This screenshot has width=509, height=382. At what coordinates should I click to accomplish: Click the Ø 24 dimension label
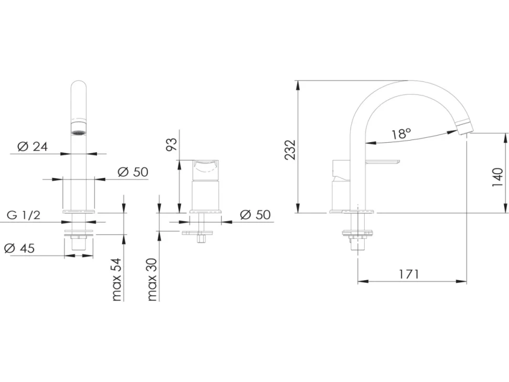[x=33, y=147]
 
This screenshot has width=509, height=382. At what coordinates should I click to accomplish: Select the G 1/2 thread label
[x=24, y=215]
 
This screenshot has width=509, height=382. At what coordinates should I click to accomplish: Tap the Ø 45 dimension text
[x=19, y=248]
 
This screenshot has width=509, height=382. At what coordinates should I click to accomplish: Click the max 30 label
[x=152, y=280]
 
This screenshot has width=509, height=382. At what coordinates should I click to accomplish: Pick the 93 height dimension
[x=172, y=144]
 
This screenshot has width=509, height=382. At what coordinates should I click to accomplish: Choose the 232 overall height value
[x=290, y=150]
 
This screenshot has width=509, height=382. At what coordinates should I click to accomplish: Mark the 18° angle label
[x=401, y=133]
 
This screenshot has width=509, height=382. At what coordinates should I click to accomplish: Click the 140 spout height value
[x=497, y=177]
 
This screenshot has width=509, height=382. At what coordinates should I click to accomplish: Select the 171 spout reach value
[x=409, y=274]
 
